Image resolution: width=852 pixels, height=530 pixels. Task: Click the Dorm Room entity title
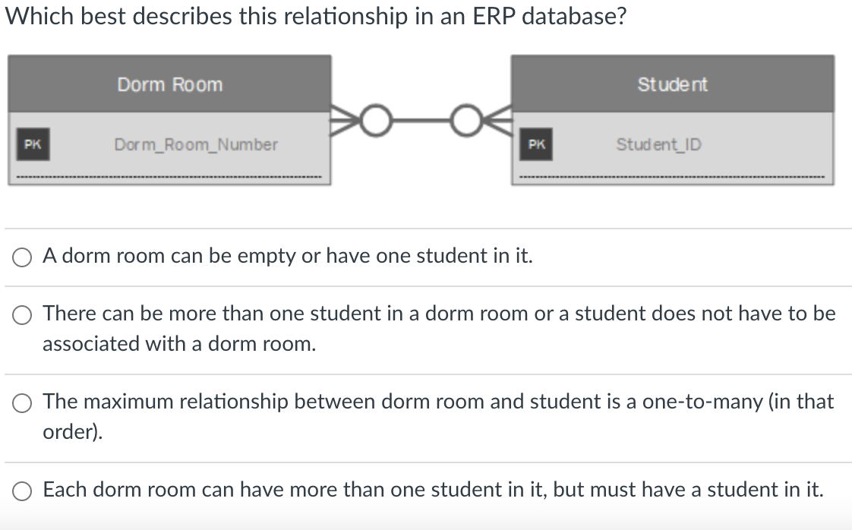coord(170,84)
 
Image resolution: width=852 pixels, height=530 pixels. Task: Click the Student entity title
coord(672,84)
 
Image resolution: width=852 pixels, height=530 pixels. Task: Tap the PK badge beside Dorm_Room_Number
coord(32,144)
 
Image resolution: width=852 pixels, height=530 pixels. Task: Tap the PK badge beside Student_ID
coord(536,144)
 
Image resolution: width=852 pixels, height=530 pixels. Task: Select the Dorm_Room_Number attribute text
coord(196,144)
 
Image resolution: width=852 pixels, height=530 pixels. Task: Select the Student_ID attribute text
coord(658,144)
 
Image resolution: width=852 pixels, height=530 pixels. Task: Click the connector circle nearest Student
coord(465,119)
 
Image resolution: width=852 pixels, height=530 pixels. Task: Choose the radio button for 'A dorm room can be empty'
coord(21,257)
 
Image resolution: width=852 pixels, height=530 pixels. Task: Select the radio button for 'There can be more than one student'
coord(21,314)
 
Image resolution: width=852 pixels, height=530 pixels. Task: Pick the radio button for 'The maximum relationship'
coord(21,402)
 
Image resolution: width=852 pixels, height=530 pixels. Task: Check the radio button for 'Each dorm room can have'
coord(21,491)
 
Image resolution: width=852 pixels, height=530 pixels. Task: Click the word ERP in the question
coord(494,16)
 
